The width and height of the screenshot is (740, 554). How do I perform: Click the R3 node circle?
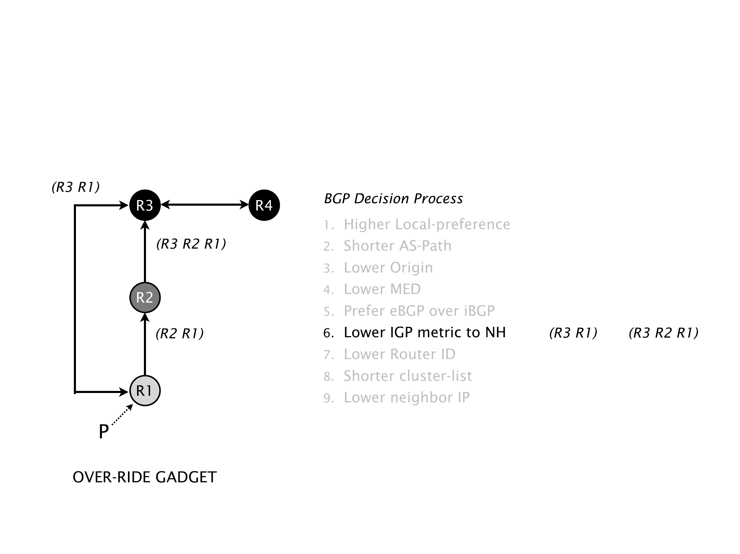145,205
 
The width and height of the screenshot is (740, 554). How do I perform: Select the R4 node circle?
264,205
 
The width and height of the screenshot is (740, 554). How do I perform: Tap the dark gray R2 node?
145,297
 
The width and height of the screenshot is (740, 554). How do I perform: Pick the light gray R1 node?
145,391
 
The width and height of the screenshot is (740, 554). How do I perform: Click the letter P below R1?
103,432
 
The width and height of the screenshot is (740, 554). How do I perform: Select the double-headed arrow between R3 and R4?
205,205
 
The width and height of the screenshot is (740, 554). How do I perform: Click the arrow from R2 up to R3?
145,253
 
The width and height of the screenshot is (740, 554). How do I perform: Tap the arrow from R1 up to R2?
145,345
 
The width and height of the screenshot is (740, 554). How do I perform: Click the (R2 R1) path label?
180,333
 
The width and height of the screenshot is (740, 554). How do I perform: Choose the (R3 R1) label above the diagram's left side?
76,187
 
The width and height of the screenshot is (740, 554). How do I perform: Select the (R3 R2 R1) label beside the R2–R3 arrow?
191,244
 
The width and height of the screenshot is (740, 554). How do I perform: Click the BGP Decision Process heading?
393,199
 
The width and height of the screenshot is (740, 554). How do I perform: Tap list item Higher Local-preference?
427,224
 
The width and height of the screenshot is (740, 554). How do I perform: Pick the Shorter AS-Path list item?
397,246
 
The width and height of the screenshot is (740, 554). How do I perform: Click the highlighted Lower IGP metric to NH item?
424,332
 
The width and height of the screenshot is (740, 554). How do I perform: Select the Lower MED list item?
382,289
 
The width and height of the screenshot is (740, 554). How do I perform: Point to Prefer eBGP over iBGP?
419,311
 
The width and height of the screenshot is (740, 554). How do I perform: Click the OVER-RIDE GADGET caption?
145,477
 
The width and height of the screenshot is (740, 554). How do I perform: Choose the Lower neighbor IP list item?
406,397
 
